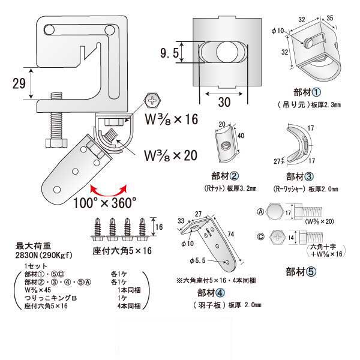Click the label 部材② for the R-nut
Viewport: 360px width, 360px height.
click(227, 176)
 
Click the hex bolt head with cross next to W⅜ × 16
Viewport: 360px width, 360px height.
click(153, 100)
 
